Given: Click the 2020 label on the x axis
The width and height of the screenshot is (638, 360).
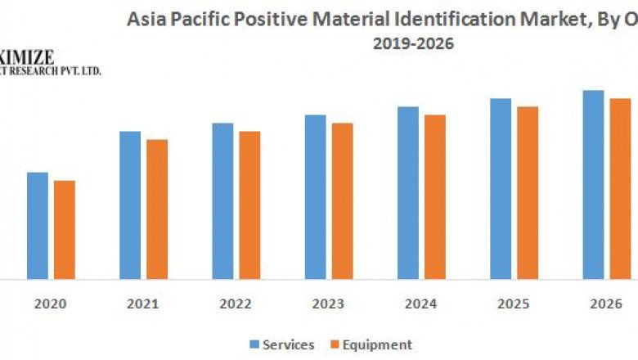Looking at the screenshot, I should click(x=51, y=304).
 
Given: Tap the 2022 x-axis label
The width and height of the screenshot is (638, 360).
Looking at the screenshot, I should click(x=236, y=304).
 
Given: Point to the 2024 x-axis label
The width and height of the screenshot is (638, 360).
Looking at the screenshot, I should click(x=421, y=304).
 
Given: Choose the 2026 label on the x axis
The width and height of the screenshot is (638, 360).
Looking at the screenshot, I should click(x=606, y=304).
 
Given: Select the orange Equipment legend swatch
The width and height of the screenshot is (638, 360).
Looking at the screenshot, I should click(x=333, y=344).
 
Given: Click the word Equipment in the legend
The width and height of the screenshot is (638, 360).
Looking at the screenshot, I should click(x=377, y=344).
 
